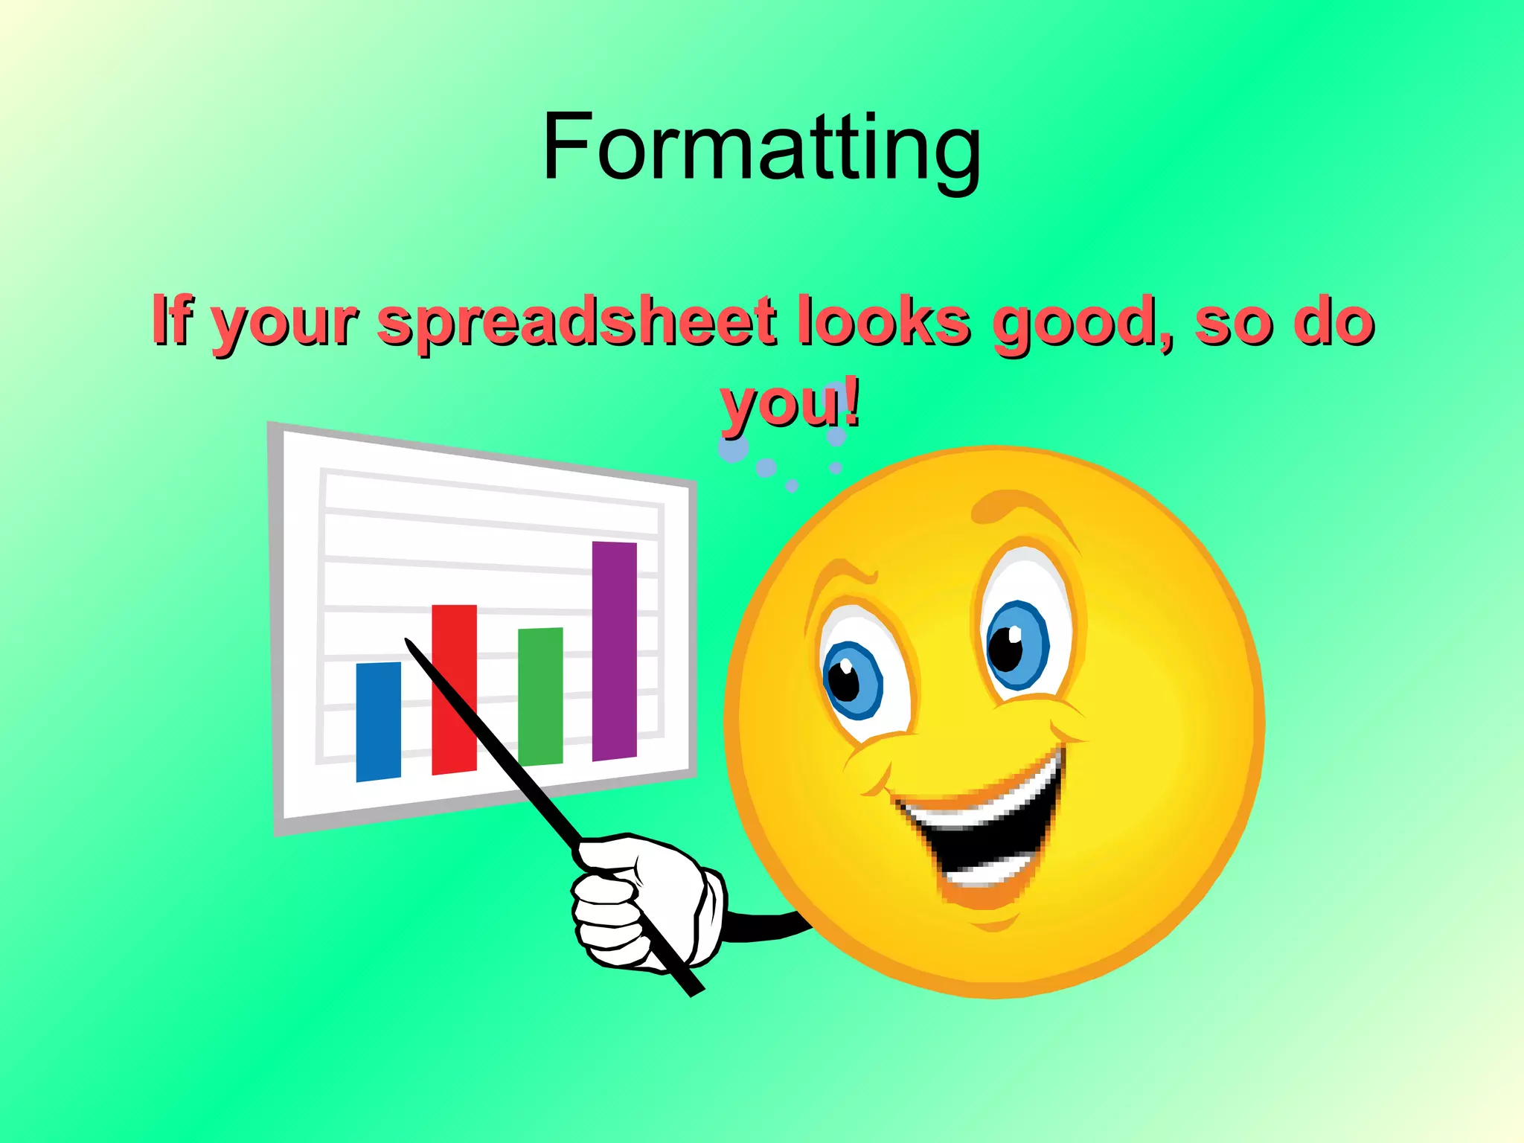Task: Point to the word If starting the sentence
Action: coord(171,320)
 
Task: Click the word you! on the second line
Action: coord(790,404)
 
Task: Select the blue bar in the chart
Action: coord(379,721)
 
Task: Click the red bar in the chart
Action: coord(454,689)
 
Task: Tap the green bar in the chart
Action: coord(540,696)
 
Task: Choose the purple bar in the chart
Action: coord(615,650)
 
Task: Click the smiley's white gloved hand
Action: coord(640,901)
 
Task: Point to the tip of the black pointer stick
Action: coord(409,642)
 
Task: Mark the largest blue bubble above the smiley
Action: coord(734,447)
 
